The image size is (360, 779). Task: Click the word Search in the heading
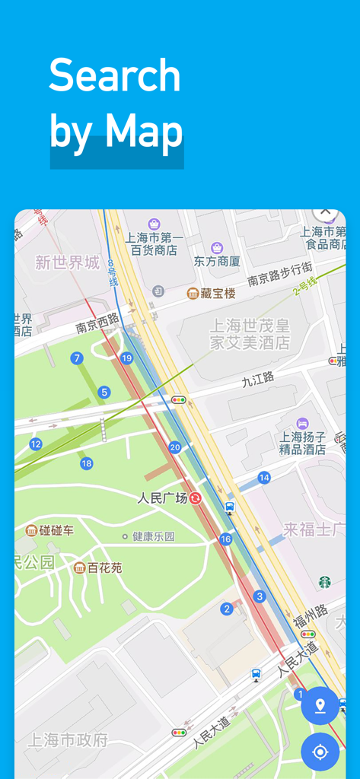click(x=115, y=76)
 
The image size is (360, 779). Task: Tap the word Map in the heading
click(x=144, y=131)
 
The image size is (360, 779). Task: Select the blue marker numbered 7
click(x=76, y=358)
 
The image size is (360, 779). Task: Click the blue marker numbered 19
click(x=126, y=358)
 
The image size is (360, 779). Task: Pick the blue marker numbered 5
click(x=104, y=393)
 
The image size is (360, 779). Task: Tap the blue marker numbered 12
click(x=36, y=444)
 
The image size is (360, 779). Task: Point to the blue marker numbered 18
click(x=86, y=463)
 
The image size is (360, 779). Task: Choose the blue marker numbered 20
click(x=175, y=447)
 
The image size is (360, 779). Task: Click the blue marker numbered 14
click(x=264, y=478)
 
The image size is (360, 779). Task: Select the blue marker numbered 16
click(x=225, y=539)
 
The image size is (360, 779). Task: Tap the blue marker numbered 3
click(x=260, y=596)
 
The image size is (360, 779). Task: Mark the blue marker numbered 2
click(x=227, y=609)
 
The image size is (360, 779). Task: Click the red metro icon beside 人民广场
click(x=196, y=498)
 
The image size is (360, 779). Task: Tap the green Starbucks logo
click(x=325, y=581)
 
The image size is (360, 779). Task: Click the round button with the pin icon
click(x=320, y=706)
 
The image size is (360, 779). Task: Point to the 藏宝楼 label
click(x=218, y=293)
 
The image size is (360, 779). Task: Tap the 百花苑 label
click(x=104, y=568)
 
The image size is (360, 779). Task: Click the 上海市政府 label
click(x=68, y=739)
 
